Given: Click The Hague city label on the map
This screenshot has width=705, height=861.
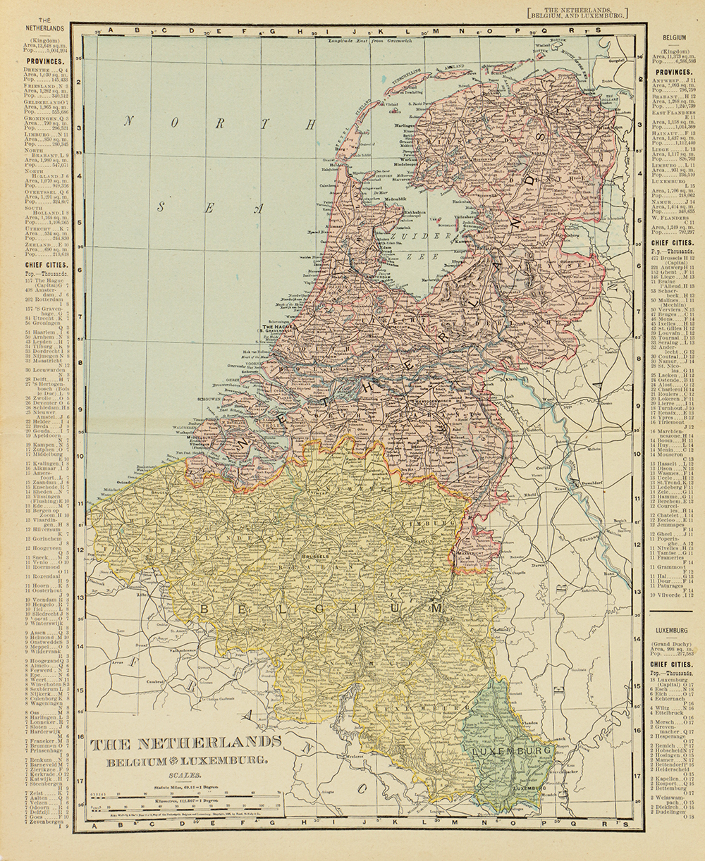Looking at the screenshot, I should [x=277, y=327].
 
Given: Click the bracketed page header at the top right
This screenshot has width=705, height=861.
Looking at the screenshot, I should [x=577, y=12].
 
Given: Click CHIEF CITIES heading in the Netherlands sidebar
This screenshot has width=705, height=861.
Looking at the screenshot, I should [x=44, y=265].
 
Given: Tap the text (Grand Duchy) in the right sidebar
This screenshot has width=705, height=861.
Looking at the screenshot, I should [x=673, y=644].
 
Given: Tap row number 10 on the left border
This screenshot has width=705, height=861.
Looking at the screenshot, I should [x=80, y=456].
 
